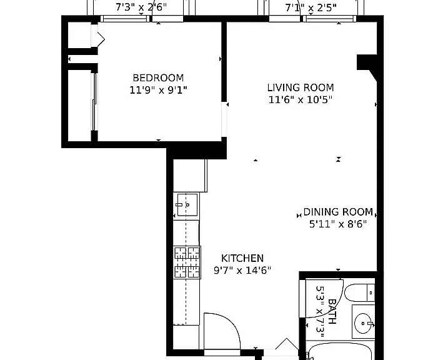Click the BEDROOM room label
click(x=158, y=77)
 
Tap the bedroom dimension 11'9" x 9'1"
click(x=158, y=90)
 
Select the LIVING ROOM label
click(x=301, y=87)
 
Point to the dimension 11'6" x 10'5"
click(x=301, y=100)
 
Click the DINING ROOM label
click(x=338, y=212)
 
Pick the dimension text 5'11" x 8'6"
click(x=338, y=224)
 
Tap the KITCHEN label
click(x=242, y=258)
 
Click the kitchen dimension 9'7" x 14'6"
click(x=242, y=271)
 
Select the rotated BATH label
click(x=332, y=311)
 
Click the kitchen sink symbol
click(x=187, y=204)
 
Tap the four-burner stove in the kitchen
click(x=187, y=262)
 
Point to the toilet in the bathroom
click(x=359, y=293)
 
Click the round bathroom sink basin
click(x=363, y=324)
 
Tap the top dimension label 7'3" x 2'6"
click(x=141, y=7)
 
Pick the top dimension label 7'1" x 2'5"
click(x=311, y=7)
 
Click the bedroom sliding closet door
click(x=94, y=102)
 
